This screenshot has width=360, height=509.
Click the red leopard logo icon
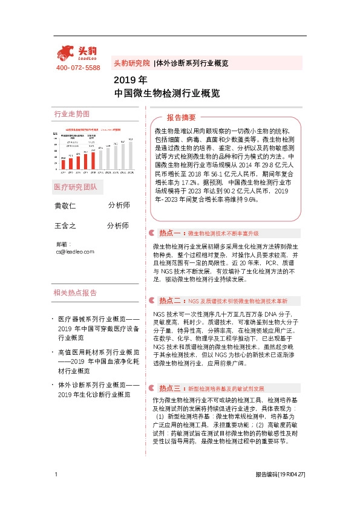pyautogui.click(x=67, y=53)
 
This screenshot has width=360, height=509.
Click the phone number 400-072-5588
pyautogui.click(x=78, y=68)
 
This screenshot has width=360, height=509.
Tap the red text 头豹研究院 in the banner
pyautogui.click(x=132, y=63)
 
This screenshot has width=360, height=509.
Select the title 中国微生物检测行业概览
pyautogui.click(x=166, y=94)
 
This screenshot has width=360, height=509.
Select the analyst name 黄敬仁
pyautogui.click(x=66, y=206)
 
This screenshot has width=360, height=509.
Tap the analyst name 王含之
pyautogui.click(x=66, y=226)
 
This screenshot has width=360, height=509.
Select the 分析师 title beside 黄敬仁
pyautogui.click(x=119, y=206)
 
